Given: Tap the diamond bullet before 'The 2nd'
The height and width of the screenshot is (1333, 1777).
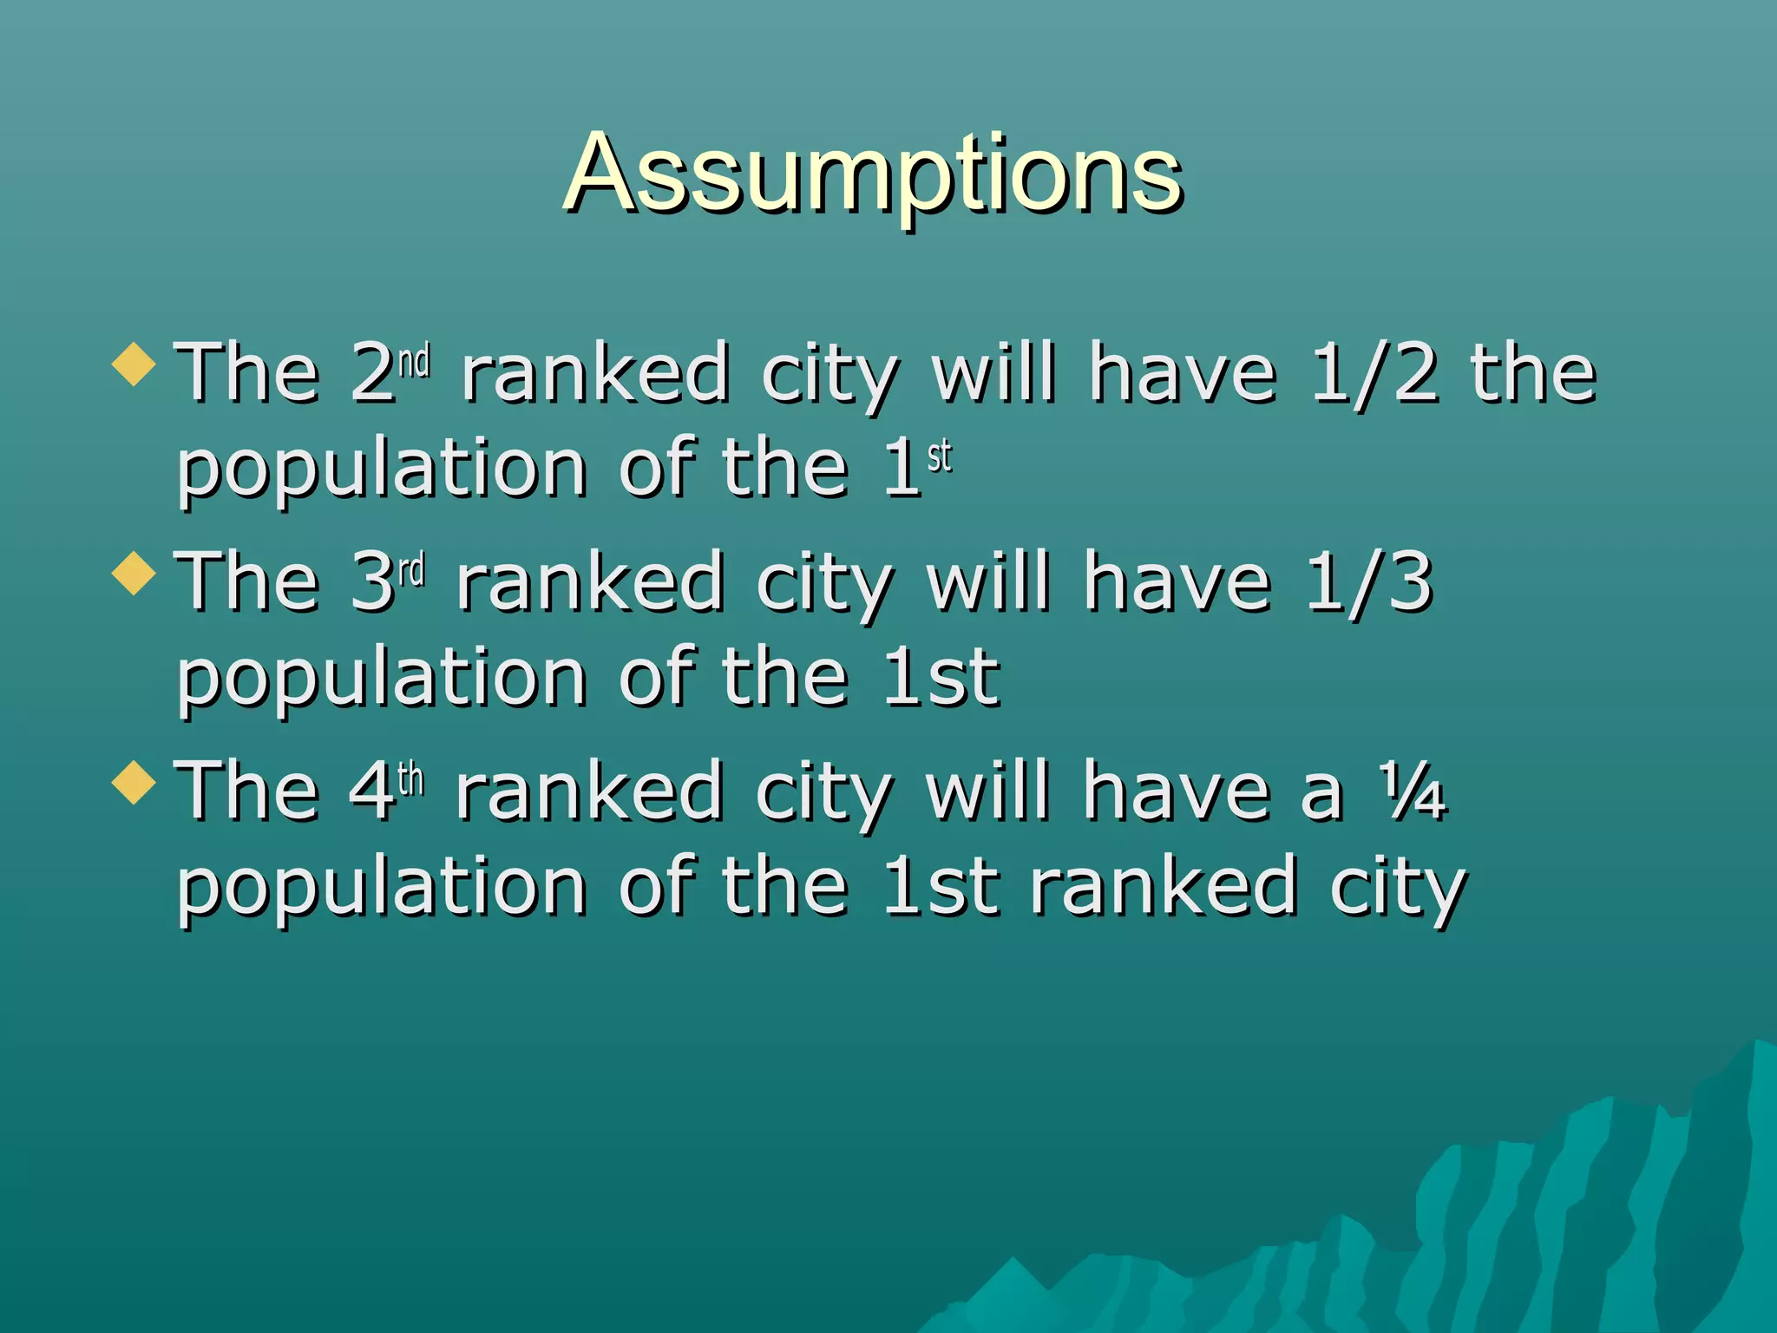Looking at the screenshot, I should click(x=134, y=364).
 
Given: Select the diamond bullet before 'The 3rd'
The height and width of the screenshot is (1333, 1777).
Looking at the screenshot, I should click(x=134, y=573).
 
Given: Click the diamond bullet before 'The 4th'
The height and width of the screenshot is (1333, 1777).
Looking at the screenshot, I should click(x=134, y=782).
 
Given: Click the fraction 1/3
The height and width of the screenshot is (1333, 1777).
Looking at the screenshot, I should click(x=1368, y=581).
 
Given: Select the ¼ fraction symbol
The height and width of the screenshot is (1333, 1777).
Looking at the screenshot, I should click(x=1414, y=791).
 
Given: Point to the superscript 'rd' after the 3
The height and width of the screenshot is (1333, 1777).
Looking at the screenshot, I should click(x=412, y=570).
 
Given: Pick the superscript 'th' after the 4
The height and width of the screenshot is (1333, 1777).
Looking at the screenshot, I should click(x=410, y=779).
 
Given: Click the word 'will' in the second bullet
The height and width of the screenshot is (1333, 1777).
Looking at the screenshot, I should click(x=988, y=581).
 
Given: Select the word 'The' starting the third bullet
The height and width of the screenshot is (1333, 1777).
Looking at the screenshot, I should click(x=248, y=791).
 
